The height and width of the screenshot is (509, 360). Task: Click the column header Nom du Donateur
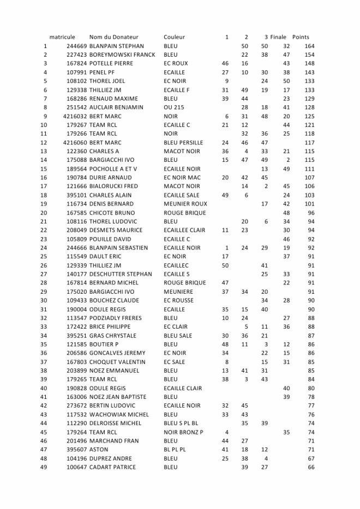(x=114, y=37)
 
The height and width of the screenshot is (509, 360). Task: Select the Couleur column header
(x=174, y=37)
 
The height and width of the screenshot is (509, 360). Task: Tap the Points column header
(x=301, y=37)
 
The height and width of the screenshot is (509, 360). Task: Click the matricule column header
(x=62, y=37)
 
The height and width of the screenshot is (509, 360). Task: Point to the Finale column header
(x=278, y=37)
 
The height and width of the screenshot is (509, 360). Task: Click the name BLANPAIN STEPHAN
(x=117, y=46)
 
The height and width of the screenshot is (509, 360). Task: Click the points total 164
(x=309, y=46)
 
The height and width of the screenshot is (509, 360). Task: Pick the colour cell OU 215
(x=174, y=107)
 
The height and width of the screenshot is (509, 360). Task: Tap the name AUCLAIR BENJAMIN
(x=116, y=107)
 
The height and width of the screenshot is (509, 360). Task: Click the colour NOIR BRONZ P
(x=183, y=432)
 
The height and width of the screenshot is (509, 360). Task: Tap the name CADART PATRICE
(x=113, y=467)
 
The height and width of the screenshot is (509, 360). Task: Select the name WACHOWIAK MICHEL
(x=119, y=415)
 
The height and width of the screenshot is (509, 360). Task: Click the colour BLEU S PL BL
(x=181, y=423)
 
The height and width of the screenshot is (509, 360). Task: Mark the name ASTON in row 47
(x=99, y=450)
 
